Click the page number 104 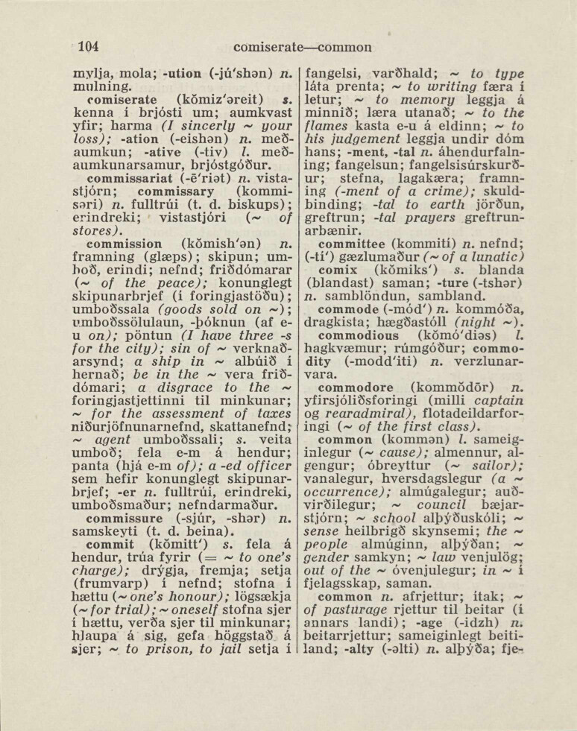[89, 46]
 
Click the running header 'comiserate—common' [302, 47]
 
